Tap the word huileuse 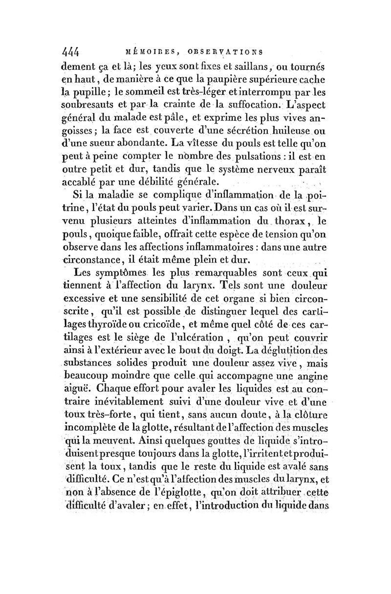pos(294,132)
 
